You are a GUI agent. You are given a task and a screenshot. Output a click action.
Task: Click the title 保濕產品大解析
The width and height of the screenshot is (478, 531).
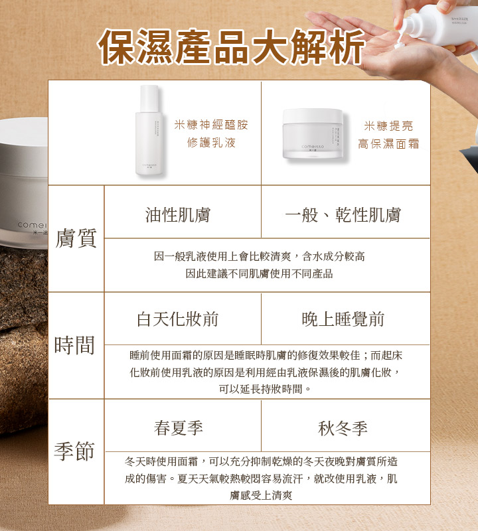[231, 46]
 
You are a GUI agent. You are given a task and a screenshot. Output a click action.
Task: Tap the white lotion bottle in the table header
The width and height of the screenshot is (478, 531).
[149, 130]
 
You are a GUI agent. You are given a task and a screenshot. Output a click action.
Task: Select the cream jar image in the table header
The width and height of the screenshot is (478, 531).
[313, 134]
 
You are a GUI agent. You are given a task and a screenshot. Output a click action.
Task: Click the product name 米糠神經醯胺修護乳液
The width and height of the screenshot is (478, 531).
[211, 133]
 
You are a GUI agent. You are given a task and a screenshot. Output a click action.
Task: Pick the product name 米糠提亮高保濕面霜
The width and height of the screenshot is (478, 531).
[388, 135]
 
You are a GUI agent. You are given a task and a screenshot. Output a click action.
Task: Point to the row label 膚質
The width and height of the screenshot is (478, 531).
[76, 238]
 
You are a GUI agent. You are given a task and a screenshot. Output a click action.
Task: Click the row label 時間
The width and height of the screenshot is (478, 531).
[74, 345]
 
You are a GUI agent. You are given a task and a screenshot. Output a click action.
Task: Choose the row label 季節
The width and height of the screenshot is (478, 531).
[74, 451]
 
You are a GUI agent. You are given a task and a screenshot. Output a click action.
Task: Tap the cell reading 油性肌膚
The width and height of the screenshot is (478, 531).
[178, 214]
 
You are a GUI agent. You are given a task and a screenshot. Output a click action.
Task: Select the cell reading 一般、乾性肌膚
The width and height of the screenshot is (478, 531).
[343, 214]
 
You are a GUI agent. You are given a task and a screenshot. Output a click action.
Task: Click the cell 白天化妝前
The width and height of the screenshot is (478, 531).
[177, 319]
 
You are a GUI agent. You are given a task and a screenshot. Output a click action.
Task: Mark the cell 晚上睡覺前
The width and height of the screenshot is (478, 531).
[343, 319]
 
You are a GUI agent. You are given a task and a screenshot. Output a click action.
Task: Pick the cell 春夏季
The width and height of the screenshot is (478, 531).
[179, 427]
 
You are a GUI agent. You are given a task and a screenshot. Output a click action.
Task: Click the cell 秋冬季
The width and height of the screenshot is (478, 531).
[343, 428]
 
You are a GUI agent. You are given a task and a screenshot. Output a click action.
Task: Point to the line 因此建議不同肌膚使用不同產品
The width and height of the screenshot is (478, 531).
[259, 273]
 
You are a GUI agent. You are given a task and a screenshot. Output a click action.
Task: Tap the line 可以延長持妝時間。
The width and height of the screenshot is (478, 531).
[265, 389]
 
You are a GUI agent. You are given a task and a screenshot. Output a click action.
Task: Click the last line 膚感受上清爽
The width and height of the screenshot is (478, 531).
[261, 495]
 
